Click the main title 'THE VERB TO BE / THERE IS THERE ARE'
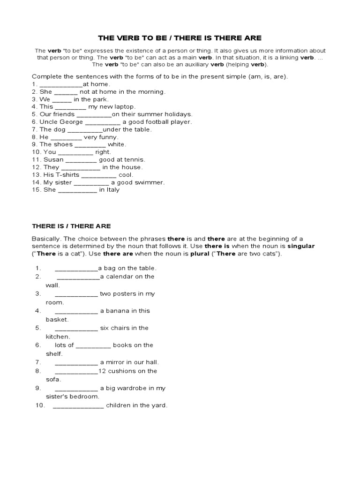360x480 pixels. click(x=180, y=37)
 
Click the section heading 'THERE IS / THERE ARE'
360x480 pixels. click(x=71, y=226)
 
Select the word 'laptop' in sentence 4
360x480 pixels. click(x=124, y=107)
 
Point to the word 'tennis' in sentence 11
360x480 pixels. click(x=135, y=159)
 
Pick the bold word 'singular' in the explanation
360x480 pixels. click(x=301, y=246)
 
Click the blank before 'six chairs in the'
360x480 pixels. click(x=76, y=328)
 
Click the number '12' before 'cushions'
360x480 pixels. click(x=102, y=371)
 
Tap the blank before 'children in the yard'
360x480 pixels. click(x=78, y=405)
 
